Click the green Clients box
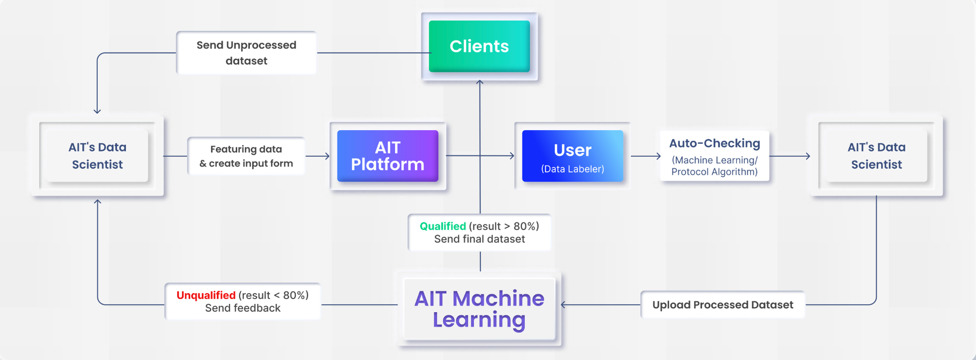coord(479,46)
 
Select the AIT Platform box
coord(387,156)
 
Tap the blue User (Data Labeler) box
coord(572,156)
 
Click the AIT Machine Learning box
coord(479,309)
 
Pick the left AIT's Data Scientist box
coord(97,156)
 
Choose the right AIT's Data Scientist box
coord(876,156)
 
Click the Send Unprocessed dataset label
coord(246,53)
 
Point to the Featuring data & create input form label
coord(246,156)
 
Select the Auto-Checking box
coord(714,156)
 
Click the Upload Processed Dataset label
coord(722,305)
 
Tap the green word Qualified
coord(443,226)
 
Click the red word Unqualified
coord(206,295)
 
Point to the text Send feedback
coord(243,308)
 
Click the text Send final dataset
coord(479,239)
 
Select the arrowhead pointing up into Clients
coord(480,82)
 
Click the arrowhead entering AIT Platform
coord(327,156)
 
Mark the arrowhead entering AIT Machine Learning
coord(564,305)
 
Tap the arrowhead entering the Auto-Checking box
coord(658,156)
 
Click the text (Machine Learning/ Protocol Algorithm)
coord(714,166)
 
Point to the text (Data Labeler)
coord(572,169)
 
